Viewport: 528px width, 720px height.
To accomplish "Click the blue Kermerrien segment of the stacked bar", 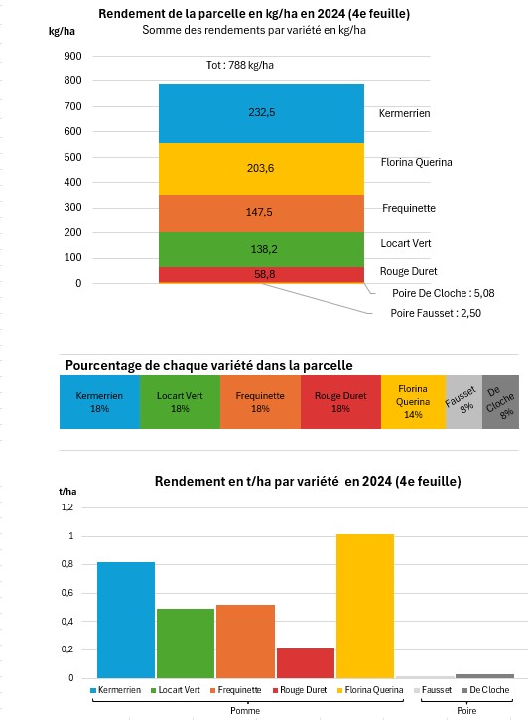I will (261, 113).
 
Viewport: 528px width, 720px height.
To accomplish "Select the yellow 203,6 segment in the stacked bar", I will (261, 169).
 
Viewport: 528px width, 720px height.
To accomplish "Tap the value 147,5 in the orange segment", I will (261, 213).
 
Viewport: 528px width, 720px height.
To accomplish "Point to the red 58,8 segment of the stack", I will (261, 274).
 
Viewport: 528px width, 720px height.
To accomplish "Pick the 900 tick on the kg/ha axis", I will (71, 56).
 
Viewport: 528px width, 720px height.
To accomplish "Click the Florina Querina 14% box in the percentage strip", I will (413, 402).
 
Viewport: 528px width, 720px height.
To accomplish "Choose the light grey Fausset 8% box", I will (463, 402).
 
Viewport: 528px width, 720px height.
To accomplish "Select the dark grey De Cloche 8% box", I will (500, 402).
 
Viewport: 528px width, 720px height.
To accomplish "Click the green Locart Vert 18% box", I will (179, 402).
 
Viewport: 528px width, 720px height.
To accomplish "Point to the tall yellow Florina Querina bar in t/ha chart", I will (364, 606).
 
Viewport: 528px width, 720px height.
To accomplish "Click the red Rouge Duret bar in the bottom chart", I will (305, 662).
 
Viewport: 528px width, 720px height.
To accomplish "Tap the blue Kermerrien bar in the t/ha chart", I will (126, 620).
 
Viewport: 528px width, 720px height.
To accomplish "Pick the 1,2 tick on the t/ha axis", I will (67, 507).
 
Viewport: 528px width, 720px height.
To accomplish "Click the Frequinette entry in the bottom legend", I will (238, 689).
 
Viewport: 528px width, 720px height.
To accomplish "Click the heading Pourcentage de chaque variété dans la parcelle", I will (208, 365).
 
